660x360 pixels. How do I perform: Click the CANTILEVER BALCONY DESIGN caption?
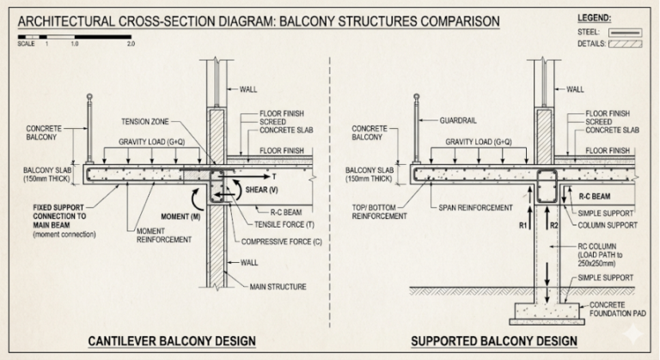point(172,342)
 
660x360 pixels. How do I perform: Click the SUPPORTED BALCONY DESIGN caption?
point(493,342)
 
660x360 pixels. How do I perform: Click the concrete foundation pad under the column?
point(545,310)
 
